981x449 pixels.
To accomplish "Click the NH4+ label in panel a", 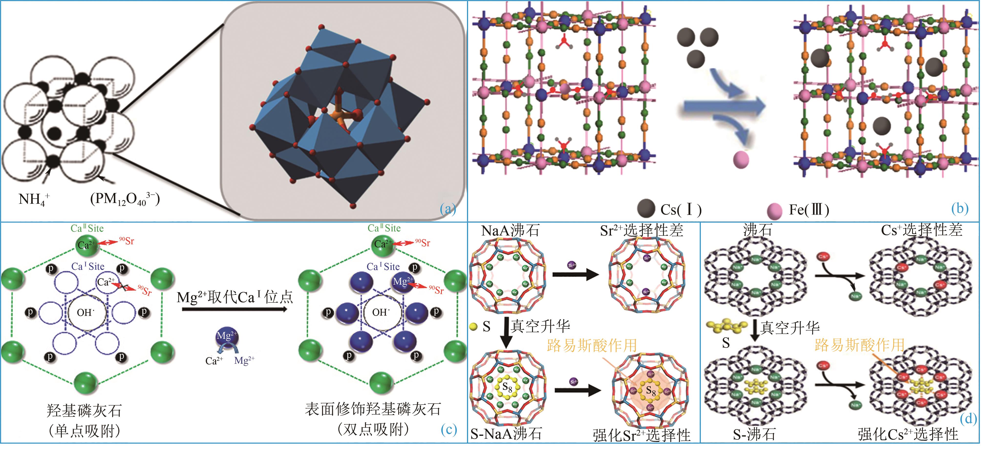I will click(33, 199).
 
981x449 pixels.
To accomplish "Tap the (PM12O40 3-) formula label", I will click(125, 199).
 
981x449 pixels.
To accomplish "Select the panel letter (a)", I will click(448, 208).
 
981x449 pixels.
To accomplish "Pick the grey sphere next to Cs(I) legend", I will click(646, 208).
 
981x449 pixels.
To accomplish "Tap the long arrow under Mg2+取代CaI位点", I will click(234, 309).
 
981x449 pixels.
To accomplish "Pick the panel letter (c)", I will click(449, 429).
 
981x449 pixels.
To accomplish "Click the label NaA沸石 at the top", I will click(510, 230).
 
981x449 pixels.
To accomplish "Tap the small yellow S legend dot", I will click(473, 326).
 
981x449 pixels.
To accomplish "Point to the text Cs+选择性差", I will click(922, 230).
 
